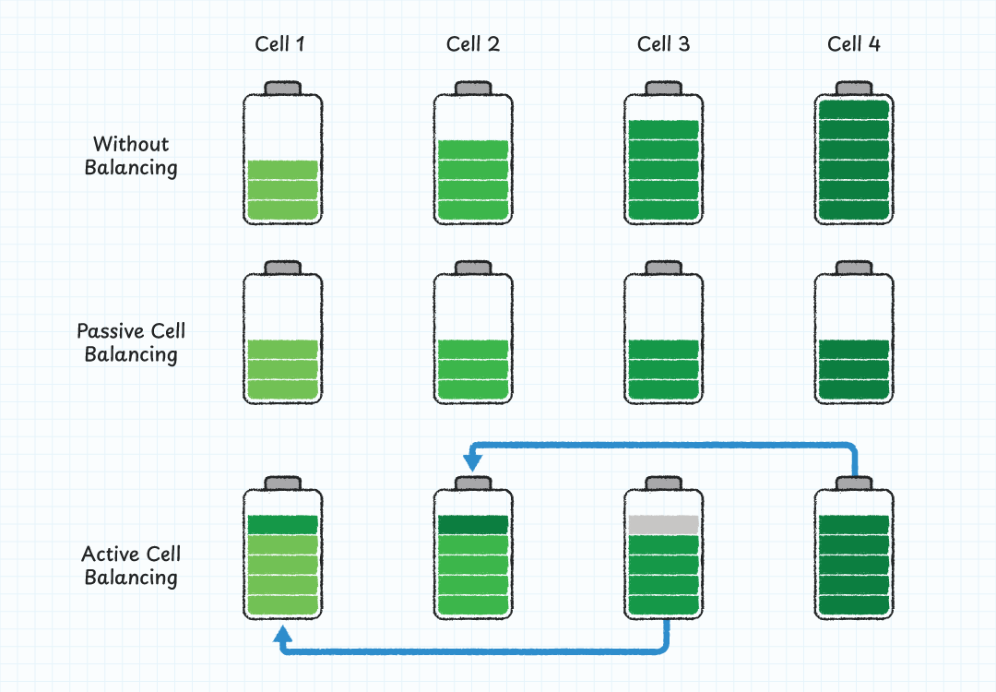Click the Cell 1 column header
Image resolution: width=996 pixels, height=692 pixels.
click(281, 44)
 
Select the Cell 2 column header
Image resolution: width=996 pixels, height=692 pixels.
click(472, 44)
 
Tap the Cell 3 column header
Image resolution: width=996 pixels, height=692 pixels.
click(663, 44)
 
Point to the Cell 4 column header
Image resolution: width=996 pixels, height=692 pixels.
click(854, 44)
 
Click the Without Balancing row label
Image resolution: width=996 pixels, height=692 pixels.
click(131, 156)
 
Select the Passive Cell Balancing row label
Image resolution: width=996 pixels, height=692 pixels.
click(131, 342)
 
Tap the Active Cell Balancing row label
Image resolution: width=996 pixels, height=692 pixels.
click(131, 566)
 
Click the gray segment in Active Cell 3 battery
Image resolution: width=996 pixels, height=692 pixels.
click(663, 524)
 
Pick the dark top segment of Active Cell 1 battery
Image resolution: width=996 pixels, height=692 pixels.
click(282, 524)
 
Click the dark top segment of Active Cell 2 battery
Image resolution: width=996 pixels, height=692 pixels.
click(473, 524)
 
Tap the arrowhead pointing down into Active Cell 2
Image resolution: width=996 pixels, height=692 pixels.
click(473, 459)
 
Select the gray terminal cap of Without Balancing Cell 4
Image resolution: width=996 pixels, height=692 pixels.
click(854, 88)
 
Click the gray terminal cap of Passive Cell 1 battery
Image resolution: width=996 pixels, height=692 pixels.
click(282, 268)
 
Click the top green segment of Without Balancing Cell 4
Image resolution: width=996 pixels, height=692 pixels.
click(854, 110)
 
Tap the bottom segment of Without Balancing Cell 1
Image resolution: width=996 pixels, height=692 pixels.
click(282, 211)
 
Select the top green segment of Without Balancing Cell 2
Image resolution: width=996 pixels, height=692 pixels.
click(473, 149)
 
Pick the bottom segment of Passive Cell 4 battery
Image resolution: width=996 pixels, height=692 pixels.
click(854, 391)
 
